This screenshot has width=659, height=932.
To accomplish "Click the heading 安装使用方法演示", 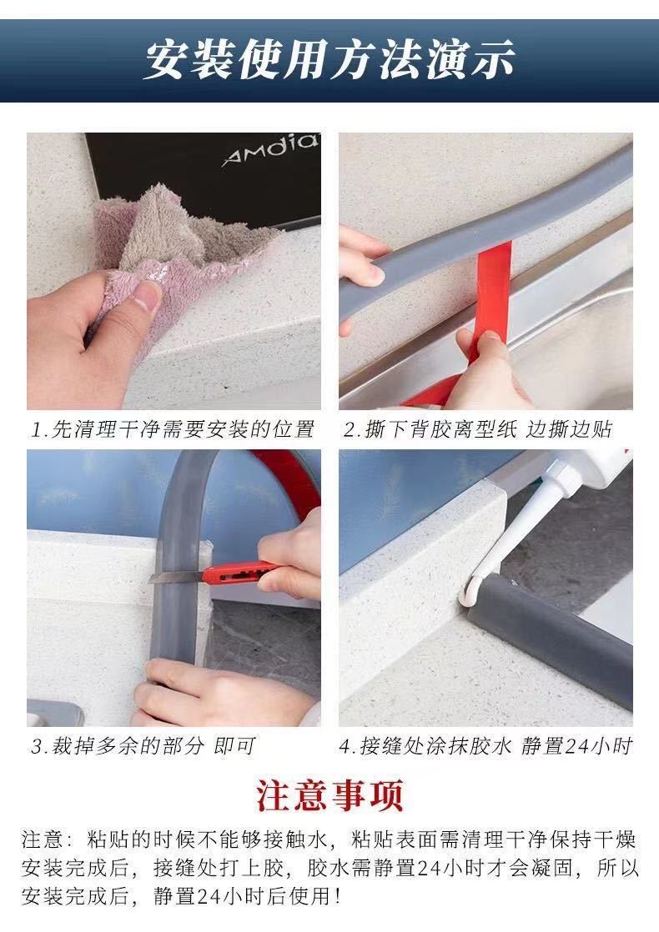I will (x=329, y=60).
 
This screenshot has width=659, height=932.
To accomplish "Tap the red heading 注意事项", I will (x=329, y=795).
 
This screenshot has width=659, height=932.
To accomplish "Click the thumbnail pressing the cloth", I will (x=148, y=293).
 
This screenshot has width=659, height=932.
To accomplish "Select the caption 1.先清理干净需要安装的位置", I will (x=173, y=429).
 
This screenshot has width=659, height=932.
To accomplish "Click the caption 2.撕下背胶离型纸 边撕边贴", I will (x=479, y=429).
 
